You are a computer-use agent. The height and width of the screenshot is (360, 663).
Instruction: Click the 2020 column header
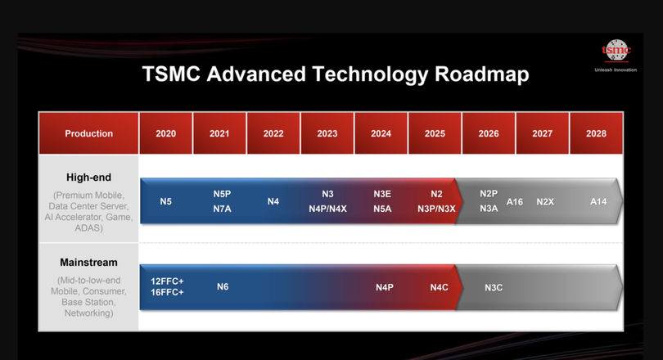click(x=165, y=133)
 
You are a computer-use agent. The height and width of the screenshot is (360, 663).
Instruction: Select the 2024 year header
click(x=381, y=133)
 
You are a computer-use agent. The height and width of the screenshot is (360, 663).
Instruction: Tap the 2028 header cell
click(x=596, y=133)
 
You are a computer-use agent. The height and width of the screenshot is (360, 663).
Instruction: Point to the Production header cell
click(x=88, y=133)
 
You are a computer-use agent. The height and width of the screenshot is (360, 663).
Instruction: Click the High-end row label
click(x=88, y=178)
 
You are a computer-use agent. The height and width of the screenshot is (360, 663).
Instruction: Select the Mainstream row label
click(x=88, y=263)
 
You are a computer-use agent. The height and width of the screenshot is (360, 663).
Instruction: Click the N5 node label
click(x=165, y=201)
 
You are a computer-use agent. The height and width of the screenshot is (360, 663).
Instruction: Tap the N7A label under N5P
click(x=222, y=209)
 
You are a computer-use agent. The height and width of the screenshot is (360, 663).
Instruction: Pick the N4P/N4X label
click(x=327, y=209)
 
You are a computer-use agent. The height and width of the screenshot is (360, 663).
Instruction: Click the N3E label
click(x=382, y=194)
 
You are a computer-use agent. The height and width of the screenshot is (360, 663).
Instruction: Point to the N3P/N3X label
click(x=436, y=209)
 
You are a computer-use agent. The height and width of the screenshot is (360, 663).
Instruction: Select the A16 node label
click(x=515, y=202)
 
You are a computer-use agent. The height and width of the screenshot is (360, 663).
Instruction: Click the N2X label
click(x=545, y=202)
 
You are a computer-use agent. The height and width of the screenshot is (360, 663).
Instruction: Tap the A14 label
click(x=598, y=202)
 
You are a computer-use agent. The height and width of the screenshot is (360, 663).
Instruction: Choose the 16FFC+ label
click(x=167, y=292)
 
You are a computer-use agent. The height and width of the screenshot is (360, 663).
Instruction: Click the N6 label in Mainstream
click(x=223, y=287)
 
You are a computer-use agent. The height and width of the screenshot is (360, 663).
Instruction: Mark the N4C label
click(x=439, y=287)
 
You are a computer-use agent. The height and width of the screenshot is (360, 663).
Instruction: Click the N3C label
click(x=494, y=288)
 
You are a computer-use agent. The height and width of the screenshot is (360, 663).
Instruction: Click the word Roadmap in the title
click(x=481, y=74)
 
